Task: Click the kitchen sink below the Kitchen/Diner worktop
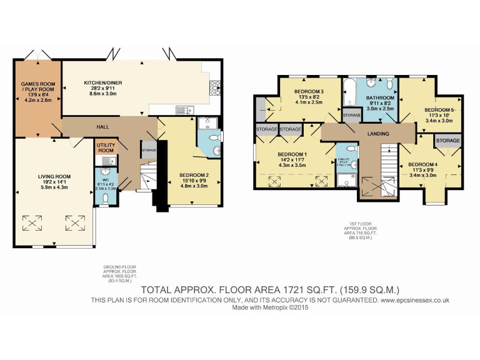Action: pyautogui.click(x=182, y=111)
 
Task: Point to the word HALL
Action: pyautogui.click(x=102, y=127)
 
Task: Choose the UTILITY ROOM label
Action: pyautogui.click(x=105, y=148)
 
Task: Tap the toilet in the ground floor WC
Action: pyautogui.click(x=105, y=198)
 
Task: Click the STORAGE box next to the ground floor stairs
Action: pyautogui.click(x=149, y=150)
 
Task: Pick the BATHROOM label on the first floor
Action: pyautogui.click(x=380, y=98)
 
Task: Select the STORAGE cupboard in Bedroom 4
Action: pyautogui.click(x=448, y=141)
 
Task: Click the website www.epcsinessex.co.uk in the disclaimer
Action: pyautogui.click(x=415, y=301)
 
